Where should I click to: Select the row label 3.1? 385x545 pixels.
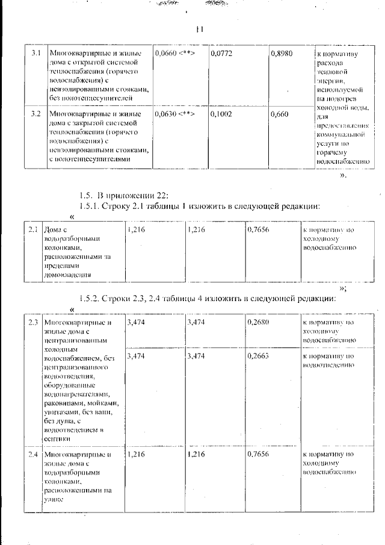coord(35,54)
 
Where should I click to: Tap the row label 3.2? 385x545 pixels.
coord(35,113)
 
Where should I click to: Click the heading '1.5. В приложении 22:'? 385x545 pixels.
coord(125,195)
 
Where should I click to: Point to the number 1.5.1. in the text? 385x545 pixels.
coord(94,207)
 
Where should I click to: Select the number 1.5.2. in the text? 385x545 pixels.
coord(94,299)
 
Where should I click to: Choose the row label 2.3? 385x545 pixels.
coord(33,322)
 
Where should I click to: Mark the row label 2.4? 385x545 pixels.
coord(33,454)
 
